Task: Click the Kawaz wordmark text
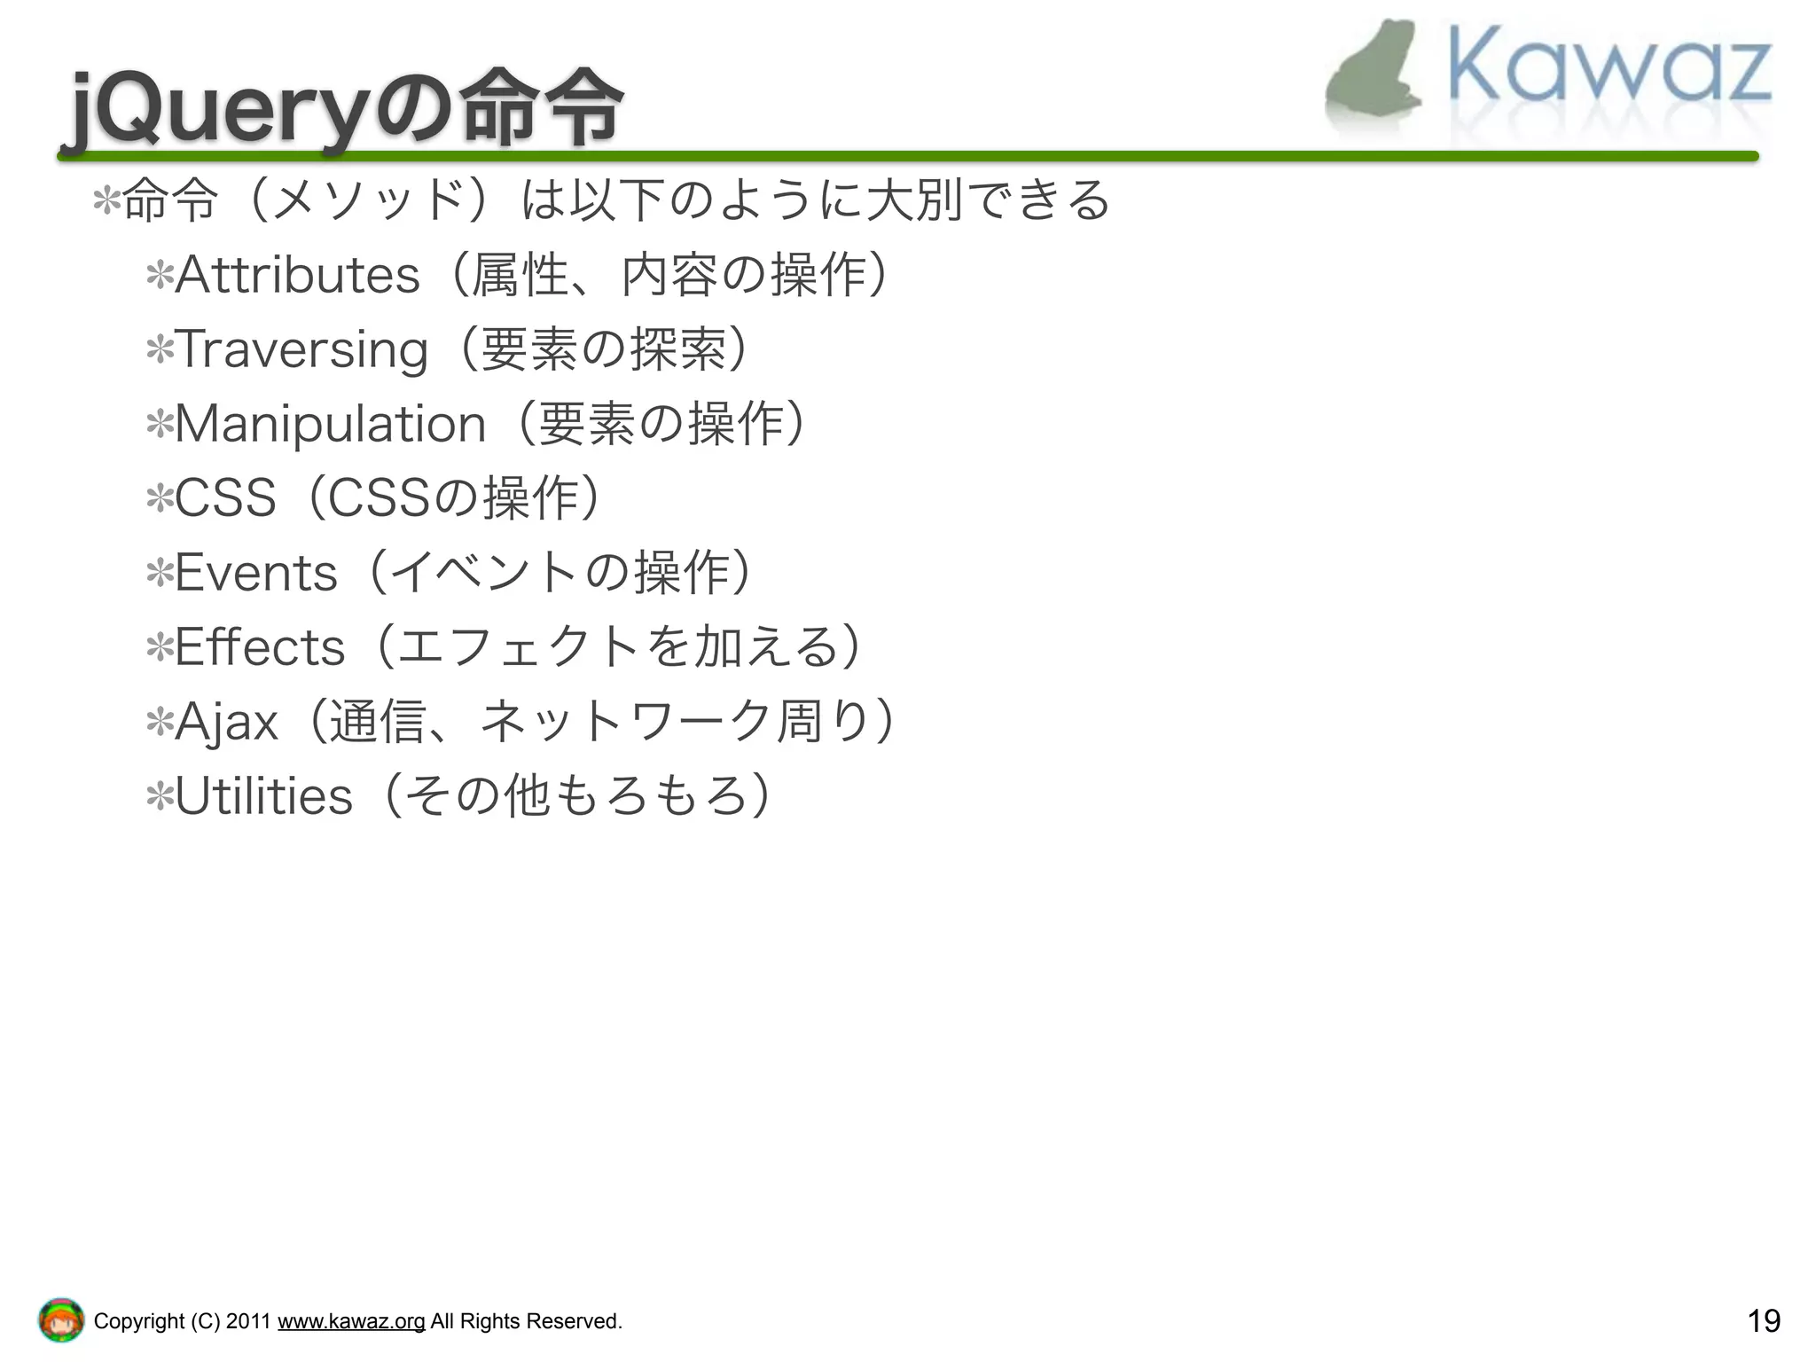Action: pos(1609,67)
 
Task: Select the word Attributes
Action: pos(297,275)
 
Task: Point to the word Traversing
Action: pos(301,349)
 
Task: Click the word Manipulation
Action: pos(331,424)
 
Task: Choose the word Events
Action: pos(256,573)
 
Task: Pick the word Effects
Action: pos(260,647)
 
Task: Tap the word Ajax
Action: pos(227,722)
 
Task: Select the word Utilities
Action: pos(264,796)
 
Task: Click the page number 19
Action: pos(1763,1321)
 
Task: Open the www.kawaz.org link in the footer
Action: pos(351,1321)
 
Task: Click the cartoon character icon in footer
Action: pos(61,1320)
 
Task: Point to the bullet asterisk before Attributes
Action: pos(160,277)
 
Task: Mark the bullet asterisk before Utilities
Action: pos(160,798)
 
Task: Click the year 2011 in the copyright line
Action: pos(247,1321)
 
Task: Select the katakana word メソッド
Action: pos(369,200)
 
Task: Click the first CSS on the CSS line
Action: pos(225,498)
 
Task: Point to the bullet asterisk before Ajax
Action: pos(160,724)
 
